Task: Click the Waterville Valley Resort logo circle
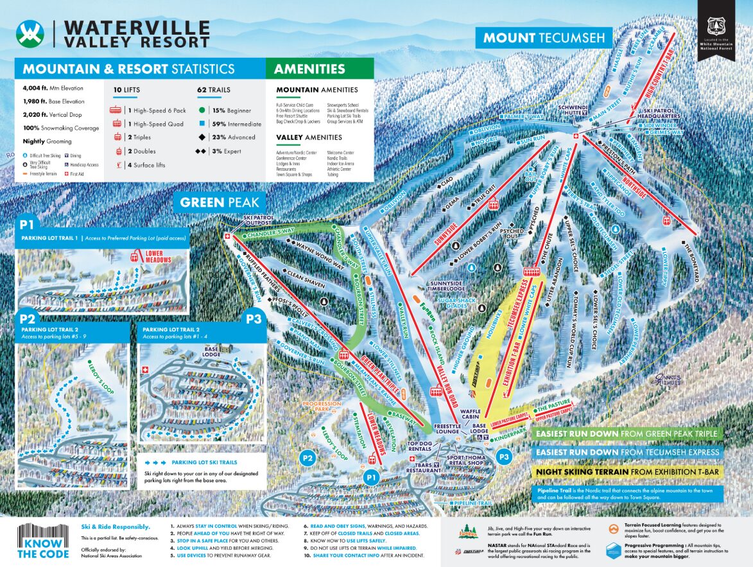tap(31, 32)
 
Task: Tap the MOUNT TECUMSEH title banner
tap(544, 37)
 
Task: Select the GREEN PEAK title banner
tap(220, 202)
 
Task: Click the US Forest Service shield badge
tap(716, 26)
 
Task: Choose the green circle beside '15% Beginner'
tap(202, 110)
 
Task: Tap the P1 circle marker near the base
tap(370, 477)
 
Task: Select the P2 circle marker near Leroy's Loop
tap(307, 458)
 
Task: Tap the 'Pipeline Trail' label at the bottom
tap(474, 502)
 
